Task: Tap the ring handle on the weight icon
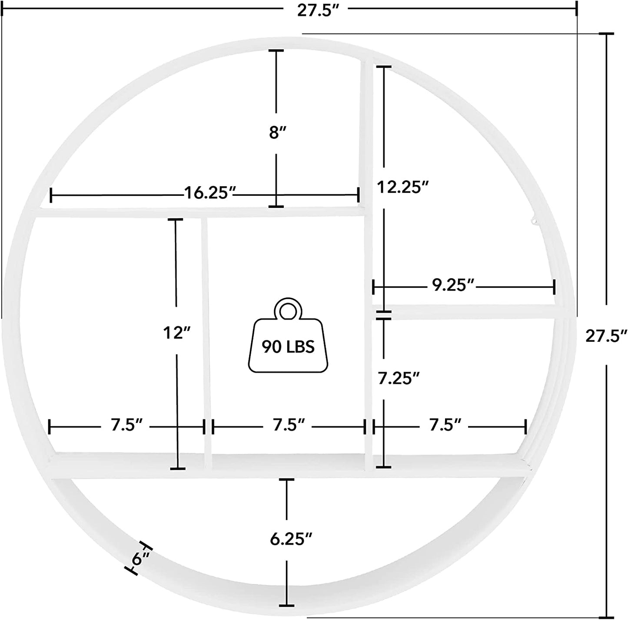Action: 287,310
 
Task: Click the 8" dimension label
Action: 276,132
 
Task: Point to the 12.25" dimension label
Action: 402,187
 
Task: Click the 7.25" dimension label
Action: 399,378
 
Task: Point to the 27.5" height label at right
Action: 606,336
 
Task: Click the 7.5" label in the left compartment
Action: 126,425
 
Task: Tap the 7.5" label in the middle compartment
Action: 289,425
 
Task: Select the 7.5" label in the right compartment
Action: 445,425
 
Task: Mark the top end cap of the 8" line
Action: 276,51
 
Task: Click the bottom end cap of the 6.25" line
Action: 286,605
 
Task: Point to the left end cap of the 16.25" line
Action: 51,195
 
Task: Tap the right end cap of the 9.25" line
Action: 554,287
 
